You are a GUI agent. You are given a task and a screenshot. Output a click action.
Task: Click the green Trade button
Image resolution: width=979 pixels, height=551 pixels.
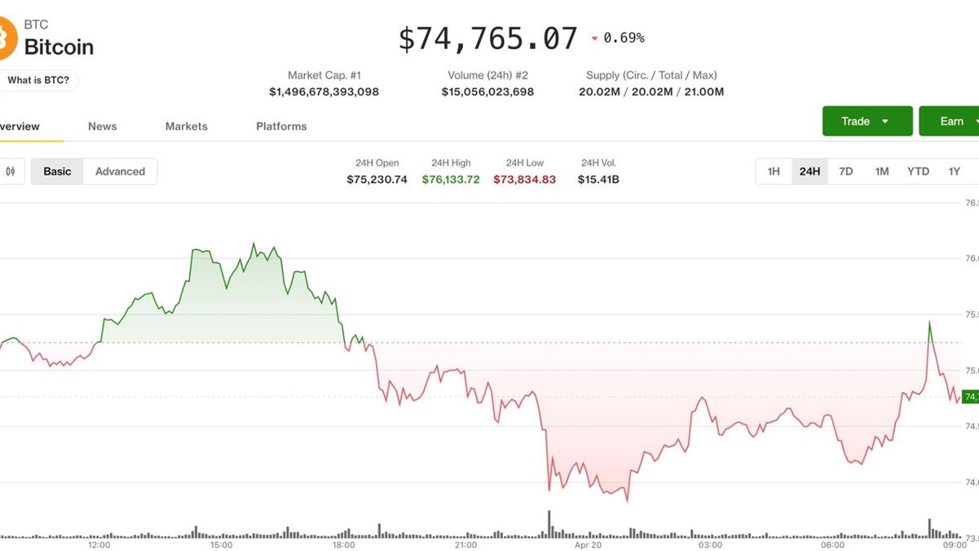[867, 121]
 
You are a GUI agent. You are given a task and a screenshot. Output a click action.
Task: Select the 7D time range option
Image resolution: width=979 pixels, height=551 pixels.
[846, 171]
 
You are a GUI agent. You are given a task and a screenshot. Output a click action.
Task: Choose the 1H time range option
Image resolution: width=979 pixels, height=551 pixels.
[774, 171]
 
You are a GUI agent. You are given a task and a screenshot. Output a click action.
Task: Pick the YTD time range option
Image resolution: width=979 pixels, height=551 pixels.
[918, 171]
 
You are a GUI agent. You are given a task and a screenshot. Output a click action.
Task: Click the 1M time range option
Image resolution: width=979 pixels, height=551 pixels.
[882, 171]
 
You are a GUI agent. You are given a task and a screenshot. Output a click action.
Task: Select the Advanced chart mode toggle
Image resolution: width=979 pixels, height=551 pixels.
[120, 171]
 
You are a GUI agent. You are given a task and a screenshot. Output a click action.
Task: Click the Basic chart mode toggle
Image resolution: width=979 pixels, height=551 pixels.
[57, 171]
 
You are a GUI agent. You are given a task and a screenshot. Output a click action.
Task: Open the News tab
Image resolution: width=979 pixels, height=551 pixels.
[102, 126]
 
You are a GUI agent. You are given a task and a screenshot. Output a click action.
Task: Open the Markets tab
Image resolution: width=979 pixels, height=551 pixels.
[186, 126]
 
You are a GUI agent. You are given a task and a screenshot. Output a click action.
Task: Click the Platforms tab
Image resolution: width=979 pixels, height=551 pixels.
[281, 126]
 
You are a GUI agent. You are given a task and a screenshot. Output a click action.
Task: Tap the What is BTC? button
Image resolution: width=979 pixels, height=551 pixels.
[38, 80]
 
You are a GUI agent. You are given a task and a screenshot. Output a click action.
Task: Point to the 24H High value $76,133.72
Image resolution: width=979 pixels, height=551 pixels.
[451, 179]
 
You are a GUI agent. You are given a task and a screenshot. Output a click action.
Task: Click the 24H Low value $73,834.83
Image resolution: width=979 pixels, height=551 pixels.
[524, 179]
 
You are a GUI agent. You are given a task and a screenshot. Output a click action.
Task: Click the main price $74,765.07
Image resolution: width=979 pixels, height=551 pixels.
[487, 38]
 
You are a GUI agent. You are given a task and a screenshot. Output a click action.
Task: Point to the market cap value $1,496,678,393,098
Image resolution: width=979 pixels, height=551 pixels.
[324, 92]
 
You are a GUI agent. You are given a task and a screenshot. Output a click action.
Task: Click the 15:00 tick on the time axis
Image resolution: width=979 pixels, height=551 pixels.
[221, 544]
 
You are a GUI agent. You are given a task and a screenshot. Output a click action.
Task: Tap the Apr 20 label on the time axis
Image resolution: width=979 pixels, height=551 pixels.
[588, 544]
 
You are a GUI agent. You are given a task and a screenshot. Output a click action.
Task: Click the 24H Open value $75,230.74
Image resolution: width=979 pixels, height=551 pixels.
[377, 179]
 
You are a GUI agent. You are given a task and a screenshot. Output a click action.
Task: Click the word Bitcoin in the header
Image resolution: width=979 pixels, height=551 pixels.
[59, 47]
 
